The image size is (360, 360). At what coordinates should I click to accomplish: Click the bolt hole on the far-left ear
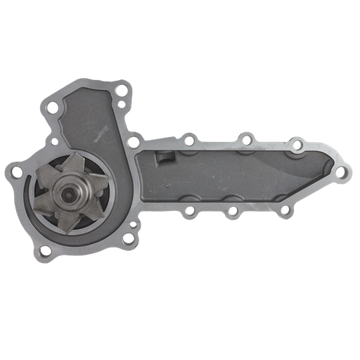(x=13, y=169)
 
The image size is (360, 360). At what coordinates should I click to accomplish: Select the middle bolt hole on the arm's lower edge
(x=232, y=210)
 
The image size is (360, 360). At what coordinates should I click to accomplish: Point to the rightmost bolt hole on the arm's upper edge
(x=297, y=146)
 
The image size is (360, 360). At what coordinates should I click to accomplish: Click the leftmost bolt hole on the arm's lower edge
(x=188, y=210)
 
